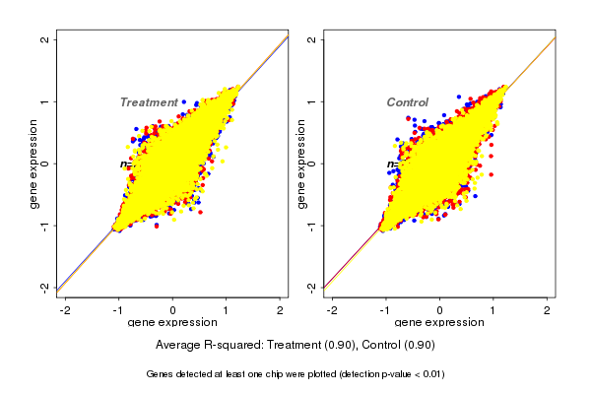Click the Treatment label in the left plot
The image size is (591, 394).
point(149,102)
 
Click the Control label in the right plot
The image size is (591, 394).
point(407,102)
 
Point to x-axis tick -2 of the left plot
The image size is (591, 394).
point(65,309)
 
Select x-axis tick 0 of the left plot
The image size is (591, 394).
point(173,309)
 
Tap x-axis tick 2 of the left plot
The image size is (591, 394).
point(281,309)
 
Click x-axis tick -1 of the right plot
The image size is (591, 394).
point(385,309)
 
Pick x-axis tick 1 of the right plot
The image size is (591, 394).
point(493,309)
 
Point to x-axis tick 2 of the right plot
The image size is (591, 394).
point(548,309)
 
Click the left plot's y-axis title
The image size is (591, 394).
point(33,164)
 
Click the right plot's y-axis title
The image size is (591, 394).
point(301,164)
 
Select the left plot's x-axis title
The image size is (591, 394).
point(173,322)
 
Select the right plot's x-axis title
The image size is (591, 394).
point(439,322)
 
